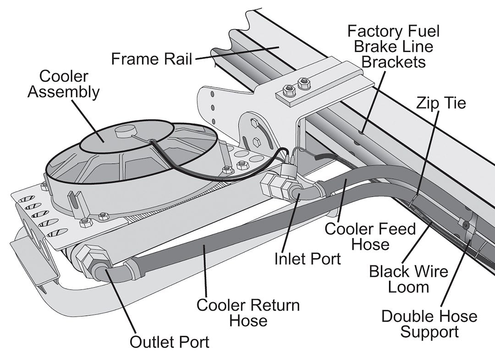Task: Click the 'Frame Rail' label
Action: click(152, 59)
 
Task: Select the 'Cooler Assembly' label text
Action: click(63, 84)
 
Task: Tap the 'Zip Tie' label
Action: click(440, 103)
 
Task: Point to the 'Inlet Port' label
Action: click(308, 259)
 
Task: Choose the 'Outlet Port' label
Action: click(169, 342)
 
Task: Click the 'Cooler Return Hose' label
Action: click(248, 312)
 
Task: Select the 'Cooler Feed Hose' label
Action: click(370, 236)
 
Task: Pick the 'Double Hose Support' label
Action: click(429, 324)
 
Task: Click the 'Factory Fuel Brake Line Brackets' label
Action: click(393, 46)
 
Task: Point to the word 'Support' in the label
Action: click(429, 332)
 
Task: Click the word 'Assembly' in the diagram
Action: click(63, 92)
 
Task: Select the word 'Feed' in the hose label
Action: click(396, 229)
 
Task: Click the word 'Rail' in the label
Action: click(177, 59)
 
